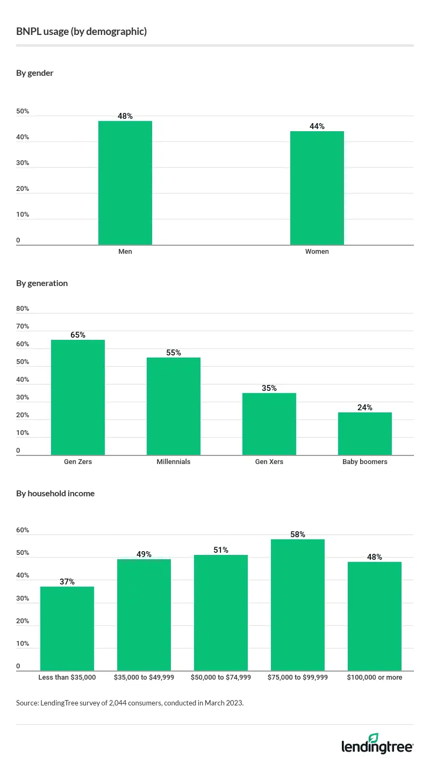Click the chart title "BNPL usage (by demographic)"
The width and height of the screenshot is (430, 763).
(x=82, y=32)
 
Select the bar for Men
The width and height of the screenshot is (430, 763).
(x=125, y=183)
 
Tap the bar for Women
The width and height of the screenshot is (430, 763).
(x=317, y=188)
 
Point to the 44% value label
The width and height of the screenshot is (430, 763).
(x=317, y=126)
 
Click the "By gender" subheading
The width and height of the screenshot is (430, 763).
(x=35, y=73)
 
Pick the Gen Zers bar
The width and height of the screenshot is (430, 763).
(x=78, y=398)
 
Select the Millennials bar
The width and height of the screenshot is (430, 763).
(x=174, y=407)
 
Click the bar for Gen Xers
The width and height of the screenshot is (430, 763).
(x=269, y=424)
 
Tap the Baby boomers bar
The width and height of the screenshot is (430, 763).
(x=365, y=434)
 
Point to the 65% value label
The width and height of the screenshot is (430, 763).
(x=78, y=334)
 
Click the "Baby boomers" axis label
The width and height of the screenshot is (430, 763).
(x=365, y=462)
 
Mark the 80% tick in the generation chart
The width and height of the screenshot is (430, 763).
(x=23, y=309)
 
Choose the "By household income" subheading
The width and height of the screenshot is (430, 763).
(x=55, y=493)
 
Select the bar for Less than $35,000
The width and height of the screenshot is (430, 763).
(x=67, y=629)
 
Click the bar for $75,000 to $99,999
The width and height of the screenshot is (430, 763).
(x=298, y=605)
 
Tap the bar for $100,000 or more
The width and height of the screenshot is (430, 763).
(x=375, y=616)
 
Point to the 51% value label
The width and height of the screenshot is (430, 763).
(x=221, y=550)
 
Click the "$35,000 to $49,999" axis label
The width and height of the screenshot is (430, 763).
(x=144, y=678)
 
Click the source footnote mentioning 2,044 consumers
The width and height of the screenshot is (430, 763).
(x=130, y=702)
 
